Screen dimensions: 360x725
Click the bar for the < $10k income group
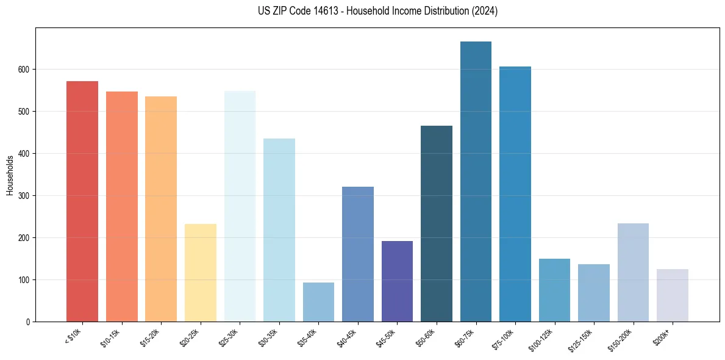tap(82, 201)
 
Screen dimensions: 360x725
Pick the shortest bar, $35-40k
tap(318, 302)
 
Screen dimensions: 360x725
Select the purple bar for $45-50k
tap(397, 281)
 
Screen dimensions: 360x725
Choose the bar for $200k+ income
tap(673, 295)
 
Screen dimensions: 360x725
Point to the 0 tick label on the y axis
tap(28, 322)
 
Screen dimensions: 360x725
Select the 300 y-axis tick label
tap(24, 196)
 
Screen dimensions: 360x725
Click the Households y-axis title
tap(10, 175)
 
